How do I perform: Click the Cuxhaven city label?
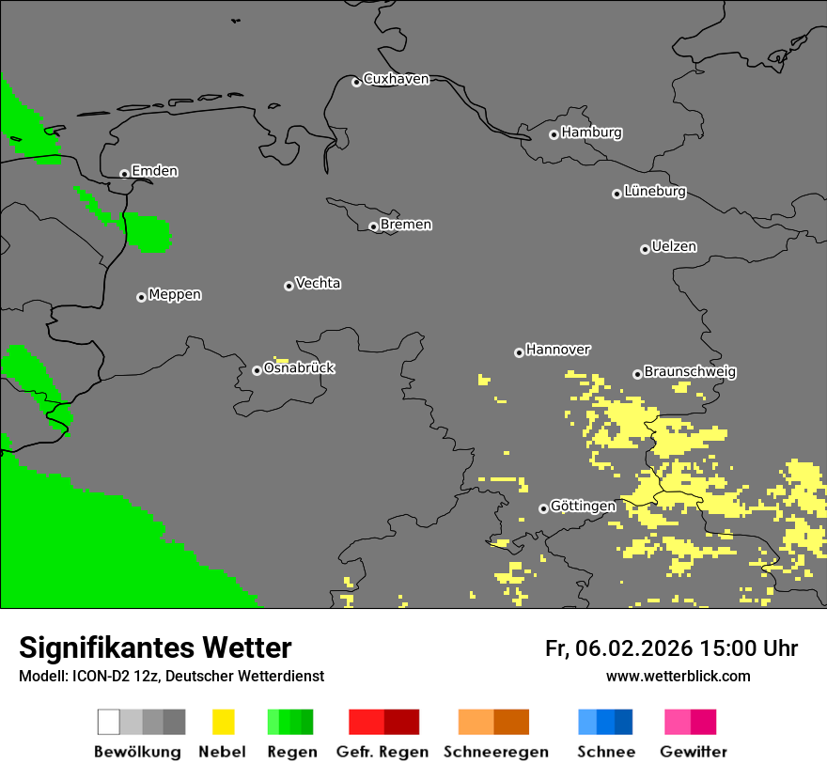[x=396, y=80]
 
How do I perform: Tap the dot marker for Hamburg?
[x=554, y=134]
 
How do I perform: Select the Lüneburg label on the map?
[x=655, y=192]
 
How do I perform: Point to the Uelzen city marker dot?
[x=645, y=249]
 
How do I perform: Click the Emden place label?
[x=154, y=171]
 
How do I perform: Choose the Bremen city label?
[x=406, y=225]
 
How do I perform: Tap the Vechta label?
[x=318, y=284]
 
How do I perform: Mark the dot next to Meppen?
[x=141, y=297]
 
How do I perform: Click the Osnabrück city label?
[x=299, y=368]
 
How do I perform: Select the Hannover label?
[x=558, y=350]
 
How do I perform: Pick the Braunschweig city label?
[x=690, y=372]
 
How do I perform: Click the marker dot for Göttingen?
[x=543, y=508]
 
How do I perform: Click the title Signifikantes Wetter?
[x=155, y=647]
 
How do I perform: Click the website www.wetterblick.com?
[x=678, y=676]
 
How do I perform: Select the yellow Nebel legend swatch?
[x=223, y=722]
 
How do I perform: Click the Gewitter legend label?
[x=693, y=752]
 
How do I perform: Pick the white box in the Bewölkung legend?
[x=108, y=722]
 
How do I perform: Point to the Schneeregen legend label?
[x=495, y=752]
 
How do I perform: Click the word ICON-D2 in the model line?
[x=96, y=676]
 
